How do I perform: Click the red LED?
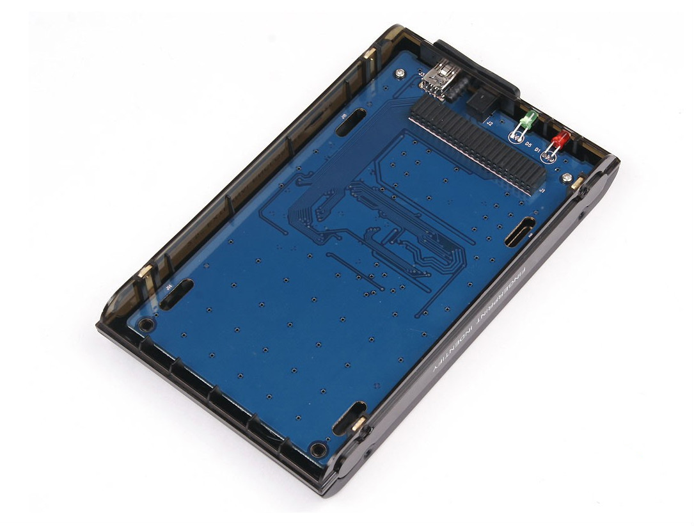(x=561, y=139)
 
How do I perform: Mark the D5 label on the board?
(x=528, y=145)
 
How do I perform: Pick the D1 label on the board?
(x=538, y=151)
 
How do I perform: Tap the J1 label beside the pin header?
(x=541, y=190)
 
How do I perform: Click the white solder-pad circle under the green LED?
(x=517, y=135)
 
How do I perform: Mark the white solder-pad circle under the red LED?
(x=551, y=154)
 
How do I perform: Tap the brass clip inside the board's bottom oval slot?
(x=359, y=422)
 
